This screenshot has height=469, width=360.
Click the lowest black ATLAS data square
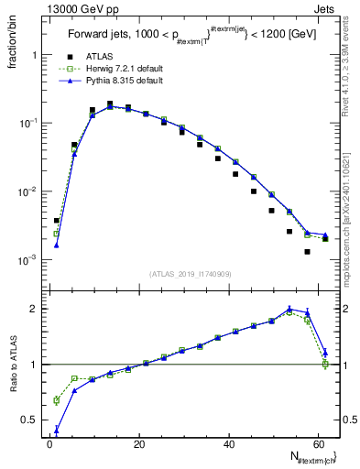tap(307, 251)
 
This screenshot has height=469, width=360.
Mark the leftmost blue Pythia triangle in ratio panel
tap(57, 429)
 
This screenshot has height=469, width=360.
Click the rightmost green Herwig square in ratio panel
tap(325, 364)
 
